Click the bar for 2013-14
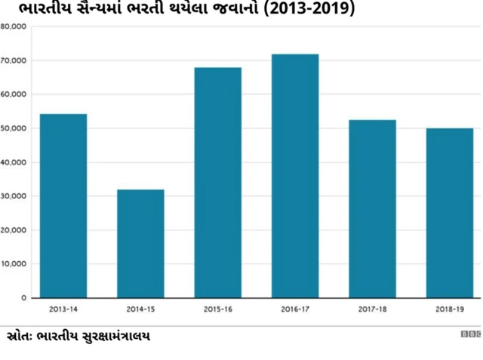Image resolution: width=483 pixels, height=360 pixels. [63, 205]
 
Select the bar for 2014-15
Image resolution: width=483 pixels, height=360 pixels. [140, 243]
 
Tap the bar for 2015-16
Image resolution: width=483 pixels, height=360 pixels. [217, 183]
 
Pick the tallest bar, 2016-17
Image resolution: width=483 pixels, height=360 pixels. [295, 176]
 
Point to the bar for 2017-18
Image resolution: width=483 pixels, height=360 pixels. [372, 208]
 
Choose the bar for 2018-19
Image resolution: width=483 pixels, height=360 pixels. [449, 213]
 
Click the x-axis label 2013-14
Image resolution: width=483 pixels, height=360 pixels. [63, 309]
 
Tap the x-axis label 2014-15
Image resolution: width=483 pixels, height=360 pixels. [140, 309]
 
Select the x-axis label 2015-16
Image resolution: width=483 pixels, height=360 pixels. [217, 309]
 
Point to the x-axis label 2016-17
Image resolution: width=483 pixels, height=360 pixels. [295, 309]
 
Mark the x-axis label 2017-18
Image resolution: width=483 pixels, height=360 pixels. [372, 309]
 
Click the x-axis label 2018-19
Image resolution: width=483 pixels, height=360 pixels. [449, 309]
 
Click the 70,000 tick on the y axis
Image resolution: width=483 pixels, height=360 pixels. [14, 60]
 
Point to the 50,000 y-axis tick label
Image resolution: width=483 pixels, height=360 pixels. [14, 128]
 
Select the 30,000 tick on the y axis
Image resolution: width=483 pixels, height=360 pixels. [14, 196]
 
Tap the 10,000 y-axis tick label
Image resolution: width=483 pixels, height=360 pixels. [14, 264]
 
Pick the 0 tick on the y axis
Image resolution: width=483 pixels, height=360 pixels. [23, 298]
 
